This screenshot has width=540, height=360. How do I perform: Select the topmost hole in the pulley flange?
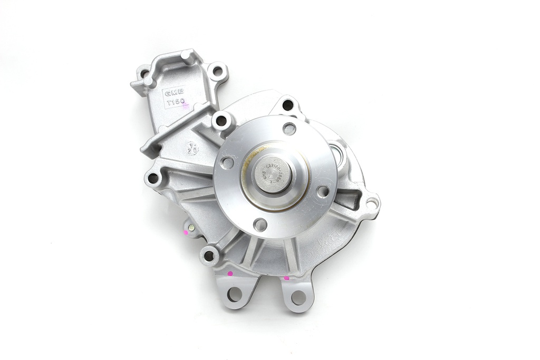click(289, 128)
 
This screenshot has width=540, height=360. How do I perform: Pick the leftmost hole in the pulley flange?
click(227, 162)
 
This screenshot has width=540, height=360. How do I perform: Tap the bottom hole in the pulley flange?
click(260, 225)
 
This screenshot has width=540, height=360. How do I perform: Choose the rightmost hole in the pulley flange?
click(323, 191)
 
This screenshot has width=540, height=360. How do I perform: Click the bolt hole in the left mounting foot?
click(235, 294)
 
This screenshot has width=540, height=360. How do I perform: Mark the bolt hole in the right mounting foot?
click(298, 297)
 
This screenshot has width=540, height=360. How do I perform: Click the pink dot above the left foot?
click(230, 274)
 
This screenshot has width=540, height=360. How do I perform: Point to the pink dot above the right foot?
click(286, 277)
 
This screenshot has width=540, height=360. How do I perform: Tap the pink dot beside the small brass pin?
click(186, 231)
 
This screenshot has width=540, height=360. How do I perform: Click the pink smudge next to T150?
click(185, 106)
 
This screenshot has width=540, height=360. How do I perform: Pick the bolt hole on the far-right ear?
click(371, 202)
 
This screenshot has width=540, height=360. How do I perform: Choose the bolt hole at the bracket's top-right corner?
click(217, 71)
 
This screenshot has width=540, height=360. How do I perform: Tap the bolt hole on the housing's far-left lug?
click(153, 178)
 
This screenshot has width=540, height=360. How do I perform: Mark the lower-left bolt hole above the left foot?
click(209, 256)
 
